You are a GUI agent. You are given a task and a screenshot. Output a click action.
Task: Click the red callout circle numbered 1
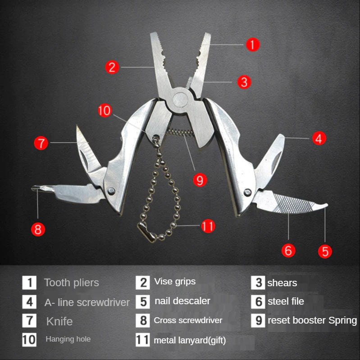(x=253, y=45)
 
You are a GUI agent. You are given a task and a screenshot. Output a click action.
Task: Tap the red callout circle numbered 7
(x=41, y=143)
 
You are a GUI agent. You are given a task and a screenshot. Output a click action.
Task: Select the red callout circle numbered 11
(x=208, y=226)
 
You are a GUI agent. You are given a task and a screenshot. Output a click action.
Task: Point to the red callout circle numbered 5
(x=325, y=251)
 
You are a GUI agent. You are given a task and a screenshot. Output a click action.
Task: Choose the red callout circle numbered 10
(x=105, y=111)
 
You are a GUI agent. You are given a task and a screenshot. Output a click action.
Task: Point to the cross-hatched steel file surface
(x=292, y=204)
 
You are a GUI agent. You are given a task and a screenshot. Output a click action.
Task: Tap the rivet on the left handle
(x=111, y=191)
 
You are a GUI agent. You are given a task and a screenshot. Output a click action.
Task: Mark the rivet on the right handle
(x=248, y=192)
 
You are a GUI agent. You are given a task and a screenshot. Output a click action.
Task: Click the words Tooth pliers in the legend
(x=72, y=283)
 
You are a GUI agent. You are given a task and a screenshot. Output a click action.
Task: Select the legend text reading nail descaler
(x=182, y=301)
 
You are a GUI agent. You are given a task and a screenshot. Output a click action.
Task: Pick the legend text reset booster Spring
(x=312, y=320)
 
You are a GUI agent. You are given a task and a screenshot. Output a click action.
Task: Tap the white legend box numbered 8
(x=143, y=320)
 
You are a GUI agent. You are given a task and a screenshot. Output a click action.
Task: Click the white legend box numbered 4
(x=29, y=301)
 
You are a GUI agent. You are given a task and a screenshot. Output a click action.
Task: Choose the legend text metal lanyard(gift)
(x=190, y=340)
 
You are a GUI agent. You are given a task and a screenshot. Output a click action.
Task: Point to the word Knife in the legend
(x=59, y=321)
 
